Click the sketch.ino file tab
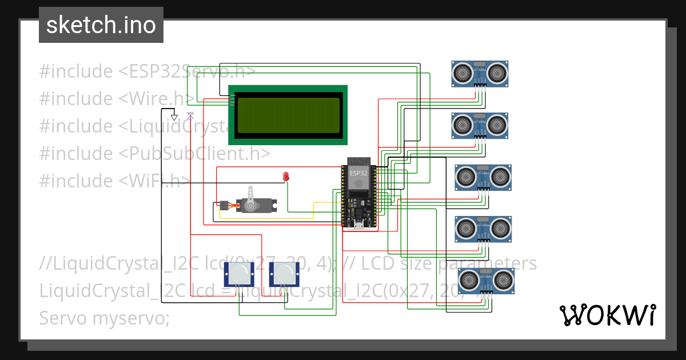101,25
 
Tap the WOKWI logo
607,315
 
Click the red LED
286,177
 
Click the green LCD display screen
288,115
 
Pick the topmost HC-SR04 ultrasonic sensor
480,73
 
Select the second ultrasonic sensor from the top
480,125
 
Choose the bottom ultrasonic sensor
485,280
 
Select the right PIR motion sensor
282,275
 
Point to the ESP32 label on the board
358,173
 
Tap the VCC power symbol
190,115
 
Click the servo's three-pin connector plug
224,205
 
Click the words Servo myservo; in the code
105,318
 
